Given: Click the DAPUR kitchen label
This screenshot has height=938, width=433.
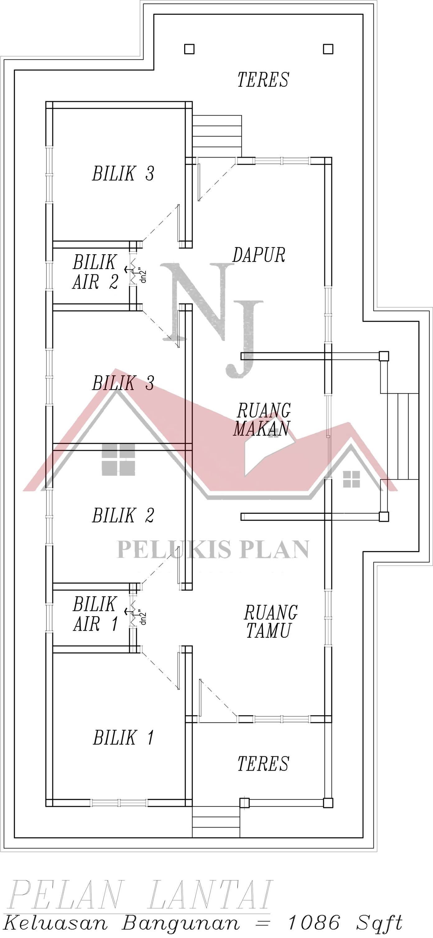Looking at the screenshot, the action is coord(259,255).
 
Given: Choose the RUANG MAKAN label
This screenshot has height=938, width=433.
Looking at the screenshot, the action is coord(262,419).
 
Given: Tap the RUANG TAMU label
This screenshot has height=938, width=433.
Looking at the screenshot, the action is coord(271,622).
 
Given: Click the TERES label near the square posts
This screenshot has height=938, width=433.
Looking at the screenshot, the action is coord(263,80).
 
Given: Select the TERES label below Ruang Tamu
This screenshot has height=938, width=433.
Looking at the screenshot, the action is coord(263,764).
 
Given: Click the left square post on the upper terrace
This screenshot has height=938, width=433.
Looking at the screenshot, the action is coord(189,49).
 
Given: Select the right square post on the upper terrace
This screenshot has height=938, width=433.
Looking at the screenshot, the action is coord(328,49).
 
